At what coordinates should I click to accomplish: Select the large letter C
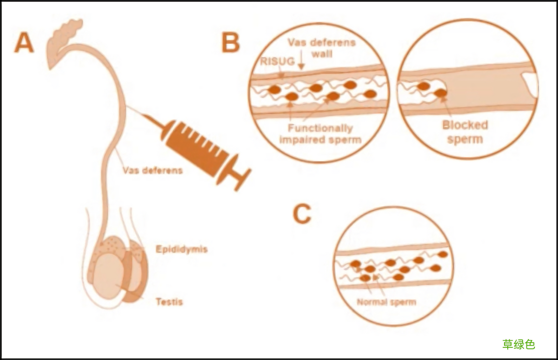302,214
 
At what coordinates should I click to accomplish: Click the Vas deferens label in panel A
153,170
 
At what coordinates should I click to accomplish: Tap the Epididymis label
181,249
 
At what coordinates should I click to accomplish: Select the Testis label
169,302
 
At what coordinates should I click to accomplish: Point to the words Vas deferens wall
321,48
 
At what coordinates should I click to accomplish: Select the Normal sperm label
386,302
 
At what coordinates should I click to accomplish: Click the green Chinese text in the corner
518,344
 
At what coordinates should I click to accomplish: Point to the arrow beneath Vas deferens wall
301,63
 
